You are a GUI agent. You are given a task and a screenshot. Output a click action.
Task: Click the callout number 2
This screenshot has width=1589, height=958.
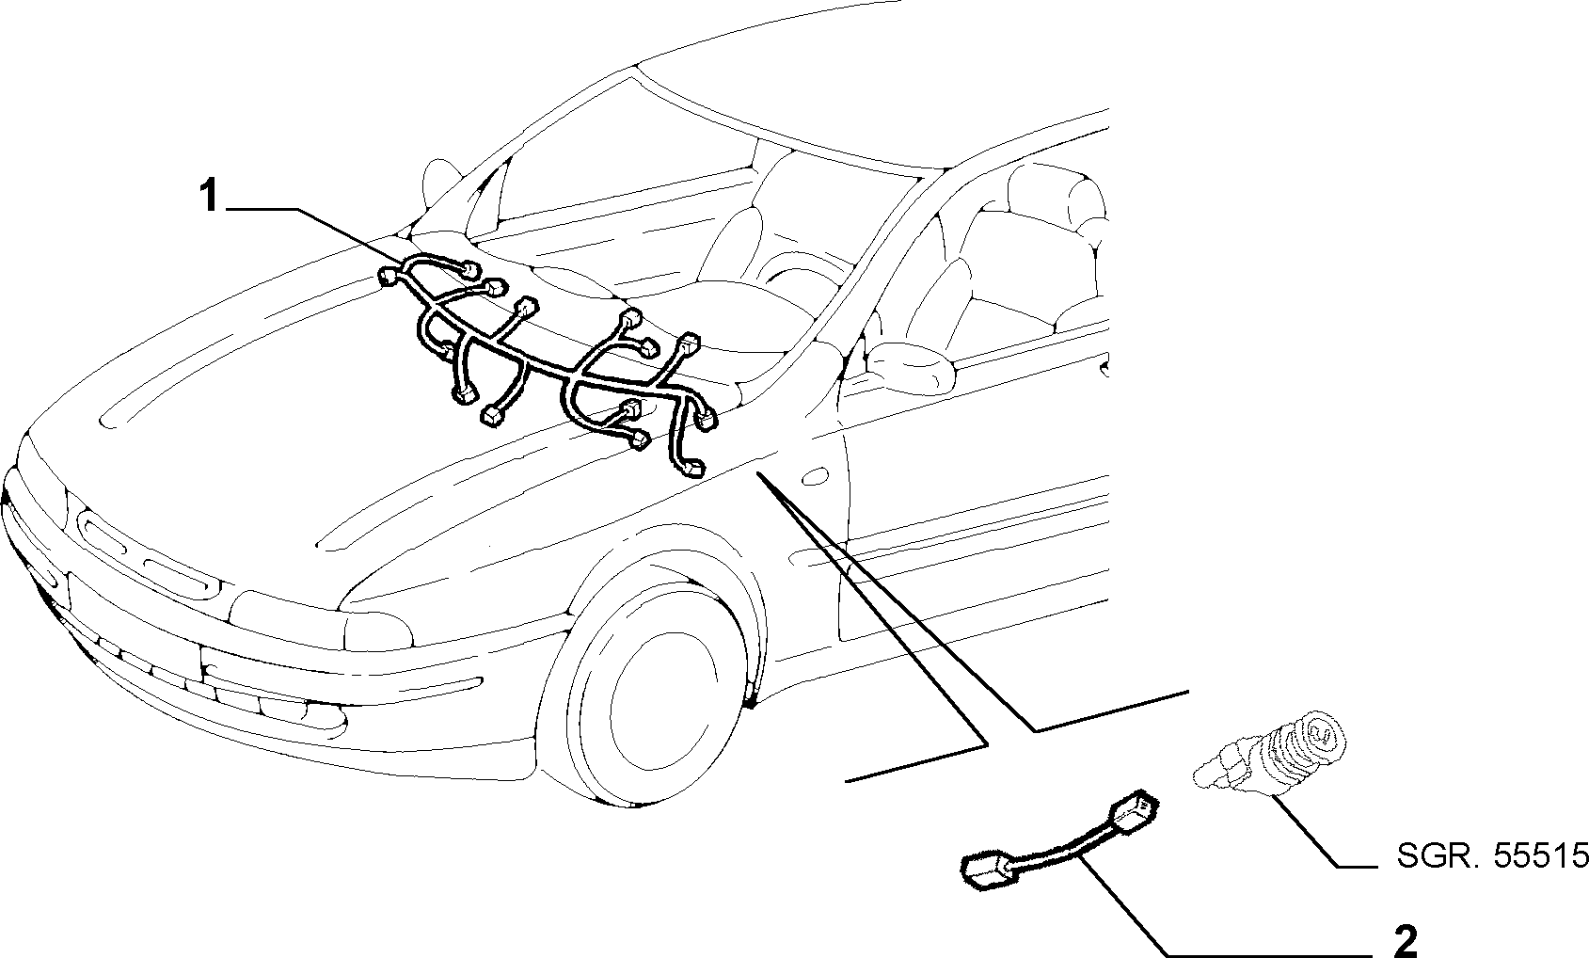[x=1406, y=939]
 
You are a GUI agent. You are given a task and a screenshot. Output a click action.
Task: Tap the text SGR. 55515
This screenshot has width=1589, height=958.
[x=1492, y=855]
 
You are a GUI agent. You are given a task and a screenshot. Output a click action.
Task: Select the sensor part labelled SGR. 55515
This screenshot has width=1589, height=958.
[x=1270, y=760]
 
